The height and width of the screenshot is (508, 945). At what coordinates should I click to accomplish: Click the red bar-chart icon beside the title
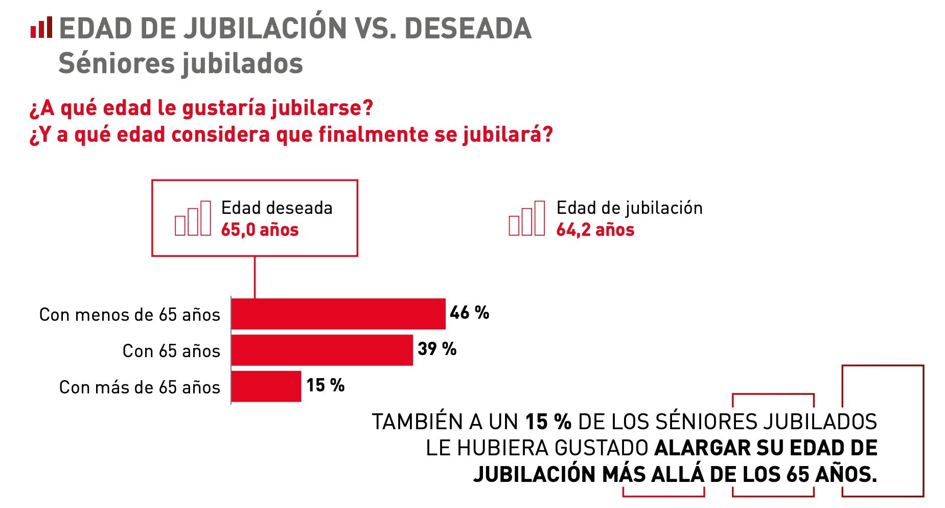tap(41, 28)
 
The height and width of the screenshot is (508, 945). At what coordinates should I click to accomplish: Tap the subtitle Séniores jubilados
tap(180, 63)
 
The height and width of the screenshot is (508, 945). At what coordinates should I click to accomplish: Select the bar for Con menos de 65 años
tap(338, 314)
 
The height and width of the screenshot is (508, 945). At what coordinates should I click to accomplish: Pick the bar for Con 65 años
tap(321, 350)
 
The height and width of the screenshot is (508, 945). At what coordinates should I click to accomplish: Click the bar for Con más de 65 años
tap(266, 386)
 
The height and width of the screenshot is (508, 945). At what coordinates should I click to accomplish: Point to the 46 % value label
tap(469, 313)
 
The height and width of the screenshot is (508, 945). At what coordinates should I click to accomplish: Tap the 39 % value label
tap(436, 349)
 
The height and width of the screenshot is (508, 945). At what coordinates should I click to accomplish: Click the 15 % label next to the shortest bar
tap(325, 385)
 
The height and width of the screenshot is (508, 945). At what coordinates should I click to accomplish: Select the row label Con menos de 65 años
tap(129, 315)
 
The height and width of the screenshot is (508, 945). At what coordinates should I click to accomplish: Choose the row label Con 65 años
tap(171, 351)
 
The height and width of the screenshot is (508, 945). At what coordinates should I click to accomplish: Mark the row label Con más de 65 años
tap(140, 387)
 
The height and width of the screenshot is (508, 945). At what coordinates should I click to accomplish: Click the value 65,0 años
tap(260, 230)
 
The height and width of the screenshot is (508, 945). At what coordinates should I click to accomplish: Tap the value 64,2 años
tap(595, 230)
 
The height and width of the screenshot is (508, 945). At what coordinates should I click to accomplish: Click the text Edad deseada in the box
tap(276, 208)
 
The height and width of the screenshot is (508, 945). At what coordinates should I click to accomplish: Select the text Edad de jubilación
tap(629, 208)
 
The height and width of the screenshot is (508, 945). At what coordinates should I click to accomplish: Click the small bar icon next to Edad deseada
tap(193, 218)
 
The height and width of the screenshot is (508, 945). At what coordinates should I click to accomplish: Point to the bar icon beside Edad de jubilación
tap(526, 218)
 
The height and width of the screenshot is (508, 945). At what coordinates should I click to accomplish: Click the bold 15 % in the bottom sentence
tap(548, 422)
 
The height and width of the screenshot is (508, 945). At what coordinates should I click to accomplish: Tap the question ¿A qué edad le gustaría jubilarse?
tap(201, 108)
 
